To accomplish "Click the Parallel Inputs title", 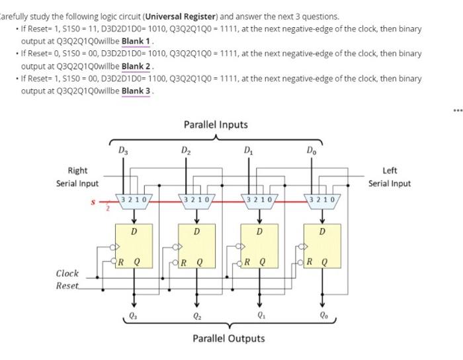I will (x=216, y=124).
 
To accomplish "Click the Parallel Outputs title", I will (x=228, y=338).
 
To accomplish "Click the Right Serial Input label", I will (x=77, y=177).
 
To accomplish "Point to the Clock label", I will (x=67, y=273).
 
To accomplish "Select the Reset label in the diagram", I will (x=67, y=285).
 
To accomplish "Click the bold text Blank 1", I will (x=137, y=40).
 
